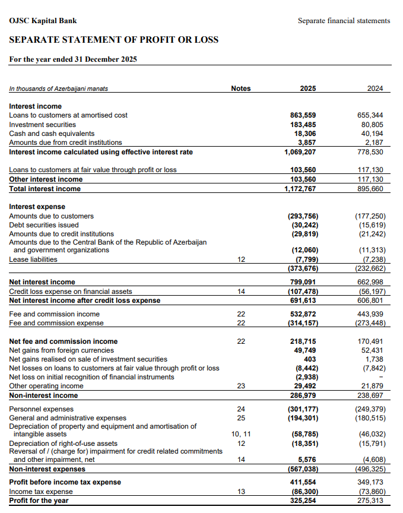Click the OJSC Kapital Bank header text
(x=43, y=21)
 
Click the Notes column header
(x=240, y=88)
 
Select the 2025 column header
(x=307, y=88)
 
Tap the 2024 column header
(x=375, y=88)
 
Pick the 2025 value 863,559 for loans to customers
(x=303, y=115)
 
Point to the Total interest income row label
(x=45, y=189)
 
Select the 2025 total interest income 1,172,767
(x=300, y=189)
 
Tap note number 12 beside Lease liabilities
(x=240, y=259)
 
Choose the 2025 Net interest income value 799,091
(x=303, y=282)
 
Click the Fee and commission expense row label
(x=56, y=323)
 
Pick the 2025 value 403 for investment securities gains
(x=309, y=359)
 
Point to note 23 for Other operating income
(x=240, y=386)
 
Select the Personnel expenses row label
(x=42, y=409)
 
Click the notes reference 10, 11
(x=240, y=434)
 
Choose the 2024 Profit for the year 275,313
(x=370, y=501)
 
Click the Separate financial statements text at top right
(x=344, y=21)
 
